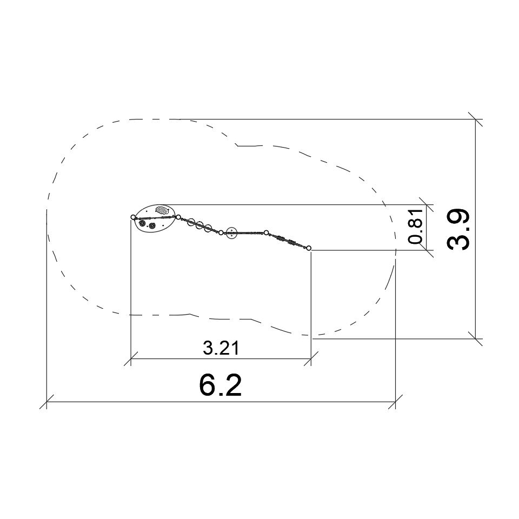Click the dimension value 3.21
[x=221, y=348]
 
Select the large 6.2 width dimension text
[x=221, y=385]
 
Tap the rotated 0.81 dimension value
[x=416, y=226]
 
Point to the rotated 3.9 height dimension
[x=458, y=229]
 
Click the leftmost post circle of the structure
[x=133, y=217]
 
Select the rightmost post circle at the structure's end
[x=309, y=248]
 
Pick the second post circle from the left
[x=178, y=217]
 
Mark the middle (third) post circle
[x=221, y=232]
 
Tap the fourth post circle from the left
[x=266, y=232]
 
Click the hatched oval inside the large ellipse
[x=162, y=210]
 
